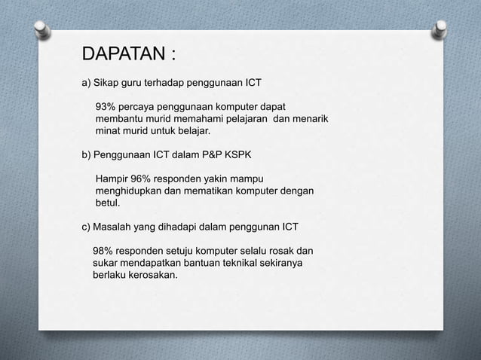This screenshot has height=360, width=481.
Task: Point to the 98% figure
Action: pyautogui.click(x=104, y=251)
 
